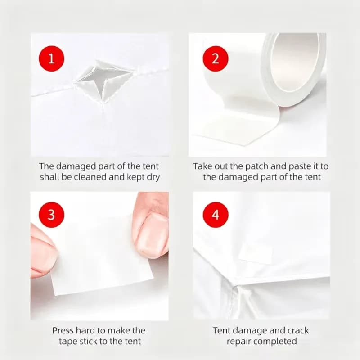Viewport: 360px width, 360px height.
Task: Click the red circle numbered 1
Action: tap(51, 58)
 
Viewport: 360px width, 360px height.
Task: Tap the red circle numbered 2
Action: tap(216, 58)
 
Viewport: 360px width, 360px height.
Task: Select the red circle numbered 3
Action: tap(51, 215)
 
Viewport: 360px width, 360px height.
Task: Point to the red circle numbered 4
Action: tap(216, 215)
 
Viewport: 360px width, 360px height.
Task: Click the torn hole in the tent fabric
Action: tap(104, 81)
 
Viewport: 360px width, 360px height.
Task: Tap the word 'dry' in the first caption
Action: tap(153, 177)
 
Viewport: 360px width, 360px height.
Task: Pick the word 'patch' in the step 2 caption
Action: tap(256, 166)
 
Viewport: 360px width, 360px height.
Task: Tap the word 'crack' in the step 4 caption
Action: tap(298, 331)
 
